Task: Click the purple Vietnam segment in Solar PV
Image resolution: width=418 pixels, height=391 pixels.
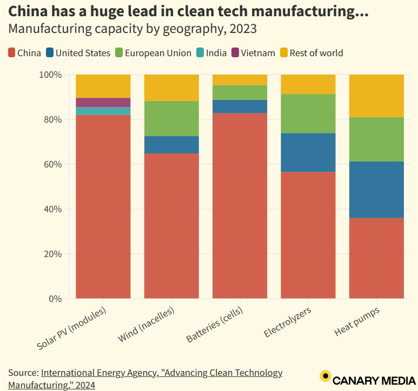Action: click(x=103, y=103)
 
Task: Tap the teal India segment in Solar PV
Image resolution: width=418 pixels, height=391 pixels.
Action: click(x=103, y=111)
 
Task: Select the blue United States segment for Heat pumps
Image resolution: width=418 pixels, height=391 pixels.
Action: click(x=376, y=190)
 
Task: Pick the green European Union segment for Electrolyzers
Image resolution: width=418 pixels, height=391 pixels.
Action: click(x=308, y=113)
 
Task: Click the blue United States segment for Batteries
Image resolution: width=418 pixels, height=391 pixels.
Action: click(x=240, y=106)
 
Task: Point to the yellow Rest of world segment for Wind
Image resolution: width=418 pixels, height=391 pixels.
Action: click(x=171, y=87)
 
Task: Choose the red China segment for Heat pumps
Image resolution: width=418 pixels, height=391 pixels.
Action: click(x=376, y=258)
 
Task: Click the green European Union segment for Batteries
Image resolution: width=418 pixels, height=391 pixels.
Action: click(x=240, y=92)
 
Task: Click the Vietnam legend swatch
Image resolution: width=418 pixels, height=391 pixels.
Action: click(x=235, y=53)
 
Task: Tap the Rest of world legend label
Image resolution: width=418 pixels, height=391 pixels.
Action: click(x=316, y=53)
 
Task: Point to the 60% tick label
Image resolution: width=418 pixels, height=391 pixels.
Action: click(x=54, y=164)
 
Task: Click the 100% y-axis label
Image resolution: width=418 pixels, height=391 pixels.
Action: click(x=51, y=75)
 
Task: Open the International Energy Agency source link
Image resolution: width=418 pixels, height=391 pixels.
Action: click(x=161, y=373)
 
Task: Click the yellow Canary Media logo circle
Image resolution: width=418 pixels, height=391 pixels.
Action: click(x=325, y=376)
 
